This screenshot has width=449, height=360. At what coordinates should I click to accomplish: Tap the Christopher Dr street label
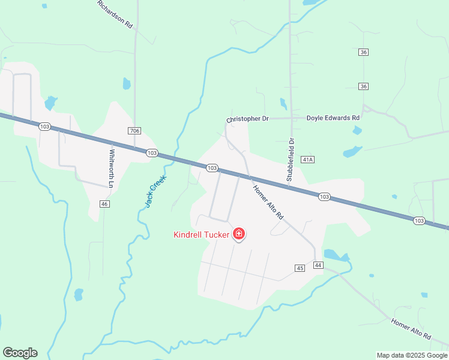(x=247, y=119)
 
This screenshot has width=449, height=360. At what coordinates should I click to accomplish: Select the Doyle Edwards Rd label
(x=333, y=118)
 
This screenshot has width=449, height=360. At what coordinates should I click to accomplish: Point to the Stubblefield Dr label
(x=289, y=160)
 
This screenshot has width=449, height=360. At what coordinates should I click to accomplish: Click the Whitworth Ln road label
(x=111, y=168)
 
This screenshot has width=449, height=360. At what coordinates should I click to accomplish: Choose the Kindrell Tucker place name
(x=202, y=235)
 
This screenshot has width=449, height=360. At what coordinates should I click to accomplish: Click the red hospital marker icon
(x=239, y=233)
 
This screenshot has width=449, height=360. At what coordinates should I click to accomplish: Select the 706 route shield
(x=134, y=131)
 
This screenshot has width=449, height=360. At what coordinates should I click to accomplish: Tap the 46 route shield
(x=105, y=205)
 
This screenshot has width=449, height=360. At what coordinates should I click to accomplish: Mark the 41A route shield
(x=309, y=160)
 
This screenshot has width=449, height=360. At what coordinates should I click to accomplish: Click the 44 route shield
(x=318, y=265)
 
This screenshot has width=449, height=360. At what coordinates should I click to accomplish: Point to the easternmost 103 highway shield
(x=420, y=221)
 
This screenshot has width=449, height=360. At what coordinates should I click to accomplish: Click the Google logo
(x=20, y=353)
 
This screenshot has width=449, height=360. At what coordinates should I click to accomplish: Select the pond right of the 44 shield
(x=336, y=256)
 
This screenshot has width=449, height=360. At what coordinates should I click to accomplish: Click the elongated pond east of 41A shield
(x=353, y=151)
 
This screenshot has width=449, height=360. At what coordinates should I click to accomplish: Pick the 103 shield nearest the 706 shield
(x=152, y=154)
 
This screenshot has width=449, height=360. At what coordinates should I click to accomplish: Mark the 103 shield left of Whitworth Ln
(x=44, y=127)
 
